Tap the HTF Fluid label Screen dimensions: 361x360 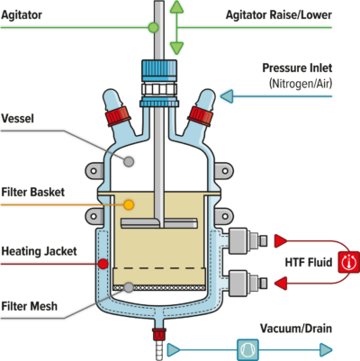303,262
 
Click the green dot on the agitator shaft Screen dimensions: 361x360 153,28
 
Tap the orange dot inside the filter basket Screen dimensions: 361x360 129,205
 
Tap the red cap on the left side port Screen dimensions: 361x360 115,115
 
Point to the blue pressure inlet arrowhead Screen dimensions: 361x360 226,95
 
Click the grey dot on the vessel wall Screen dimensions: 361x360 130,161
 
